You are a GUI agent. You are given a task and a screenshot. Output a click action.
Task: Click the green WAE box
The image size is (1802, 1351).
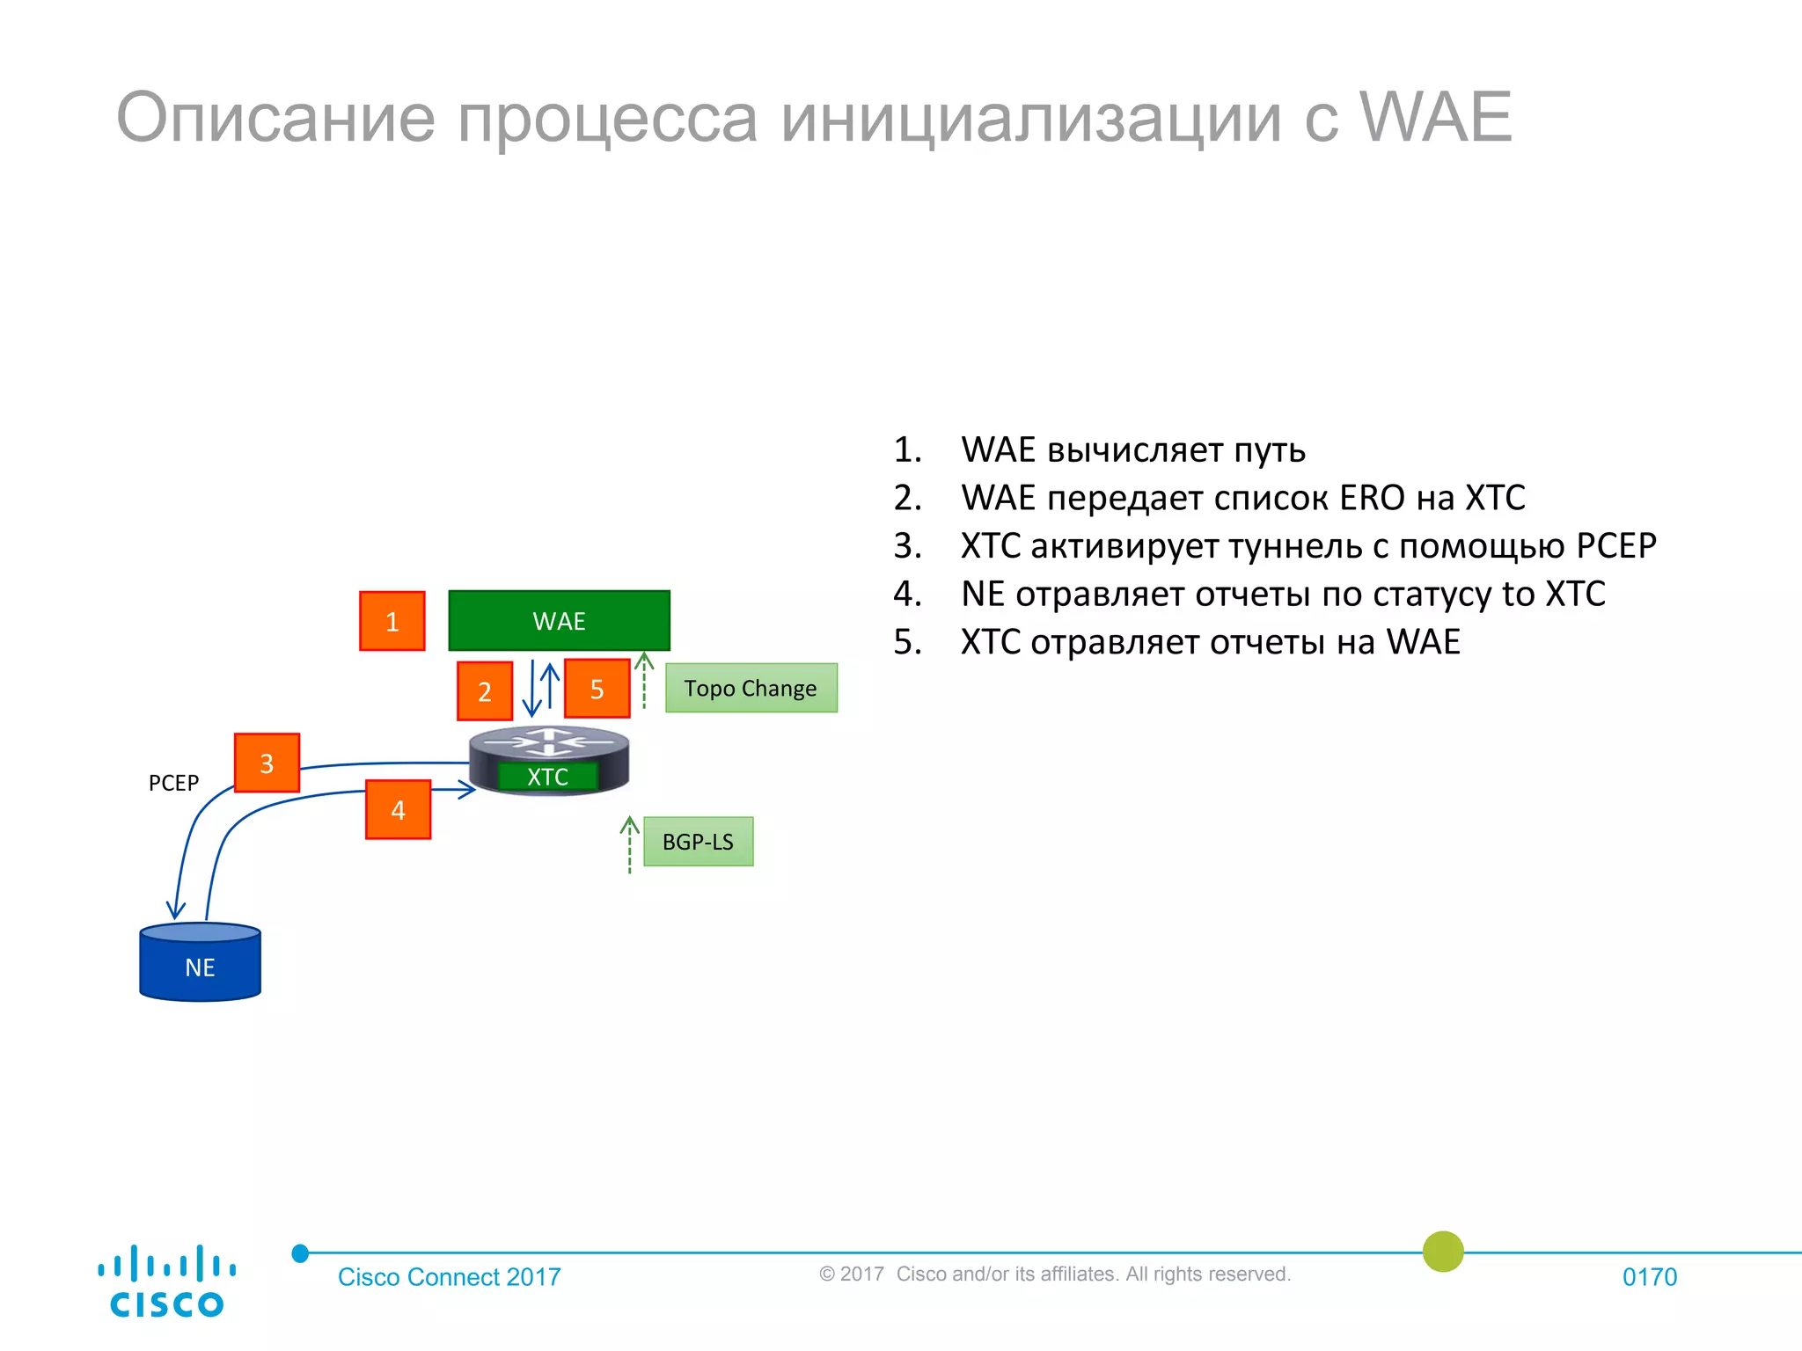[x=559, y=621]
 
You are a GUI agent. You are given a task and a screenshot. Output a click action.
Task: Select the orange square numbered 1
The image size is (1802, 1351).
[x=392, y=622]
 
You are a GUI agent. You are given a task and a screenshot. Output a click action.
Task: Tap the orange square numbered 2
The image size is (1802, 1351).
[x=485, y=691]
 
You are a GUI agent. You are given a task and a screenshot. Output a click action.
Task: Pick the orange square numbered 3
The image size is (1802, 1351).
[x=267, y=763]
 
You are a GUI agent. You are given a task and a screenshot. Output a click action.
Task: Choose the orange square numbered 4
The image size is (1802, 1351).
[x=398, y=810]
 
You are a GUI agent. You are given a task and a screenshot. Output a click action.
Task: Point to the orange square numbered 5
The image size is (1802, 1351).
[x=597, y=689]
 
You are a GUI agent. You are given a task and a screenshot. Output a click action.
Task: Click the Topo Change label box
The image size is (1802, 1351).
[x=751, y=688]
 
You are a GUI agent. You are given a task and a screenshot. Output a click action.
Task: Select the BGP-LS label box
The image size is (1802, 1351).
[x=698, y=842]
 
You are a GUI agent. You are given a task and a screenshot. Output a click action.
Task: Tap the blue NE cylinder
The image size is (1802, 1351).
[x=200, y=963]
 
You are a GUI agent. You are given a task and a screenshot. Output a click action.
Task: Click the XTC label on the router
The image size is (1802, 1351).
[x=547, y=777]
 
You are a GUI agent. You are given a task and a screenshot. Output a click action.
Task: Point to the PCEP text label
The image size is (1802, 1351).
[x=173, y=783]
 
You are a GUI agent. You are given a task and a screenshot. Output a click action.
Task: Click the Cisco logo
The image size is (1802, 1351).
[x=166, y=1282]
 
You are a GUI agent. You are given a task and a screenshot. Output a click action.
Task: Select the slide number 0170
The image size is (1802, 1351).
[x=1649, y=1277]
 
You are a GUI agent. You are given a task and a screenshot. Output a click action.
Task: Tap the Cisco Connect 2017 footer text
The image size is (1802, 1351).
[x=449, y=1277]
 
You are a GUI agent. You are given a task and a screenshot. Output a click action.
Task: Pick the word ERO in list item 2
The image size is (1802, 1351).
[x=1372, y=498]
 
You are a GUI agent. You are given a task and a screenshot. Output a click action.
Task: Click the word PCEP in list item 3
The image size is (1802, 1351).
[x=1615, y=546]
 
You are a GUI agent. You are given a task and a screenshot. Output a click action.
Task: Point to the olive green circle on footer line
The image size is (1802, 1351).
[x=1443, y=1251]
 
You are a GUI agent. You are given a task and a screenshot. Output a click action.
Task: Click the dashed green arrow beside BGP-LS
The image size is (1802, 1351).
[x=629, y=844]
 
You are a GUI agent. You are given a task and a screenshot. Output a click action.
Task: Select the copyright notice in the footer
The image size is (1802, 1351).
[x=1054, y=1274]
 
